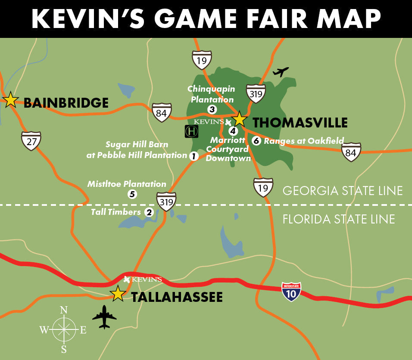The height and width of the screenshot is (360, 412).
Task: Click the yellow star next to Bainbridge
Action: click(10, 100)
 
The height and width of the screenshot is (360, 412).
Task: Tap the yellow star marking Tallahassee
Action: click(118, 294)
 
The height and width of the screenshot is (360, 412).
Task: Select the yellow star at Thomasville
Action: click(239, 119)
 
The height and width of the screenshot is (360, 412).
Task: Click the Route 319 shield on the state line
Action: click(166, 201)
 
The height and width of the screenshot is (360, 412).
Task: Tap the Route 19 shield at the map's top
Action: click(202, 60)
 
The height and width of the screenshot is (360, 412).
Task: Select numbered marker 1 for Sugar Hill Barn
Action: click(194, 156)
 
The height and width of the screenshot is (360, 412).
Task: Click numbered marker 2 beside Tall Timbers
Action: click(149, 212)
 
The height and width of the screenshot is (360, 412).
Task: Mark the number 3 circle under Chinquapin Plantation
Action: click(212, 109)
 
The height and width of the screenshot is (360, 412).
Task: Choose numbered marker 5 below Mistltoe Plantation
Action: click(132, 194)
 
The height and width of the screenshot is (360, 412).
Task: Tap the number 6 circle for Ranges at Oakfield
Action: click(256, 141)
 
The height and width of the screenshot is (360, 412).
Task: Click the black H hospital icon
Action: click(191, 131)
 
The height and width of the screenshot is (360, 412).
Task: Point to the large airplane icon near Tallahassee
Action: click(104, 317)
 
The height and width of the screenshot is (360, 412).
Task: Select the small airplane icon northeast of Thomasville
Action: click(281, 71)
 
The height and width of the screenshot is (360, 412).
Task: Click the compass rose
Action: click(64, 329)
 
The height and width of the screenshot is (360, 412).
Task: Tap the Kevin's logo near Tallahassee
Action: click(143, 279)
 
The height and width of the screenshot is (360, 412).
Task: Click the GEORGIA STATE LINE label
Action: click(343, 190)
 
